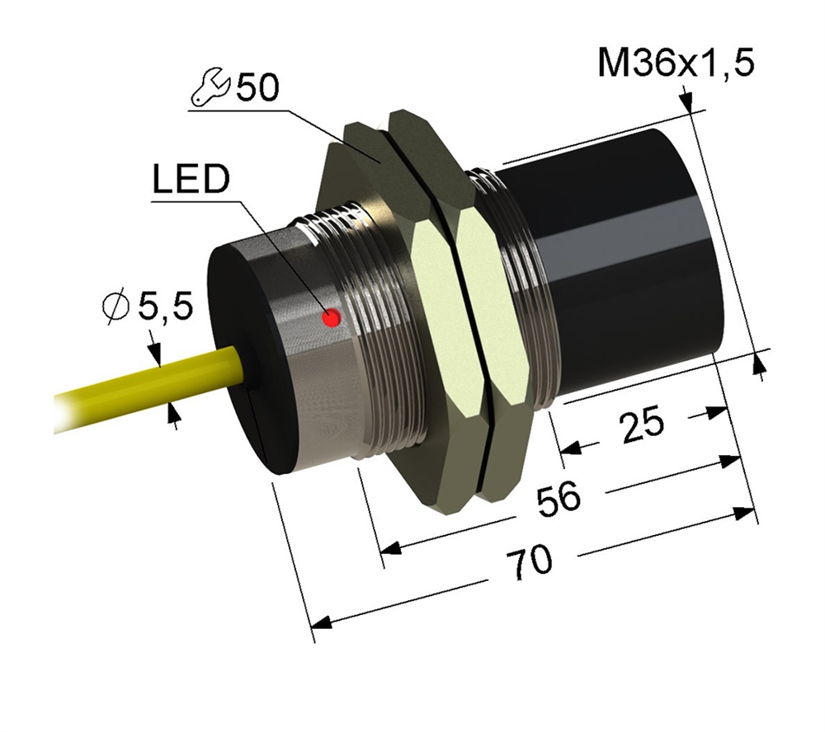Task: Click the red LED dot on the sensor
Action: [332, 317]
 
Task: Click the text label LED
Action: [191, 181]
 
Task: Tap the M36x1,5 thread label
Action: [676, 63]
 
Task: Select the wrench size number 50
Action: [258, 88]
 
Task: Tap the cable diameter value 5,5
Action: [165, 307]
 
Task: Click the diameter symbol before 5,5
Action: [116, 307]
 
